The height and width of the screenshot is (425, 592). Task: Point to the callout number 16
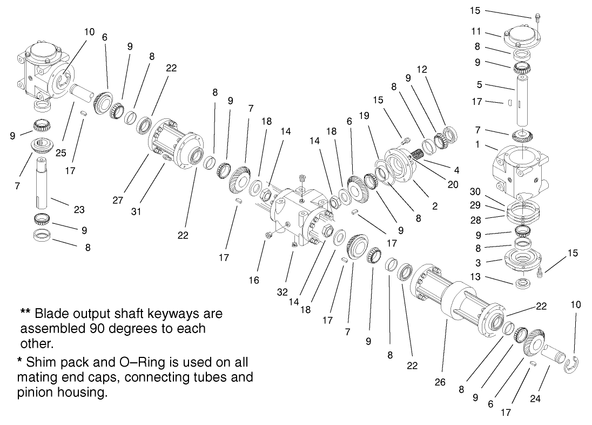coord(254,280)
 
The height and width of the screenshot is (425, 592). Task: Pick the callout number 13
coord(475,277)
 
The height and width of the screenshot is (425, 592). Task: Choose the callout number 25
coord(60,154)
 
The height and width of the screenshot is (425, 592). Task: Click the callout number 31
coord(136,212)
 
